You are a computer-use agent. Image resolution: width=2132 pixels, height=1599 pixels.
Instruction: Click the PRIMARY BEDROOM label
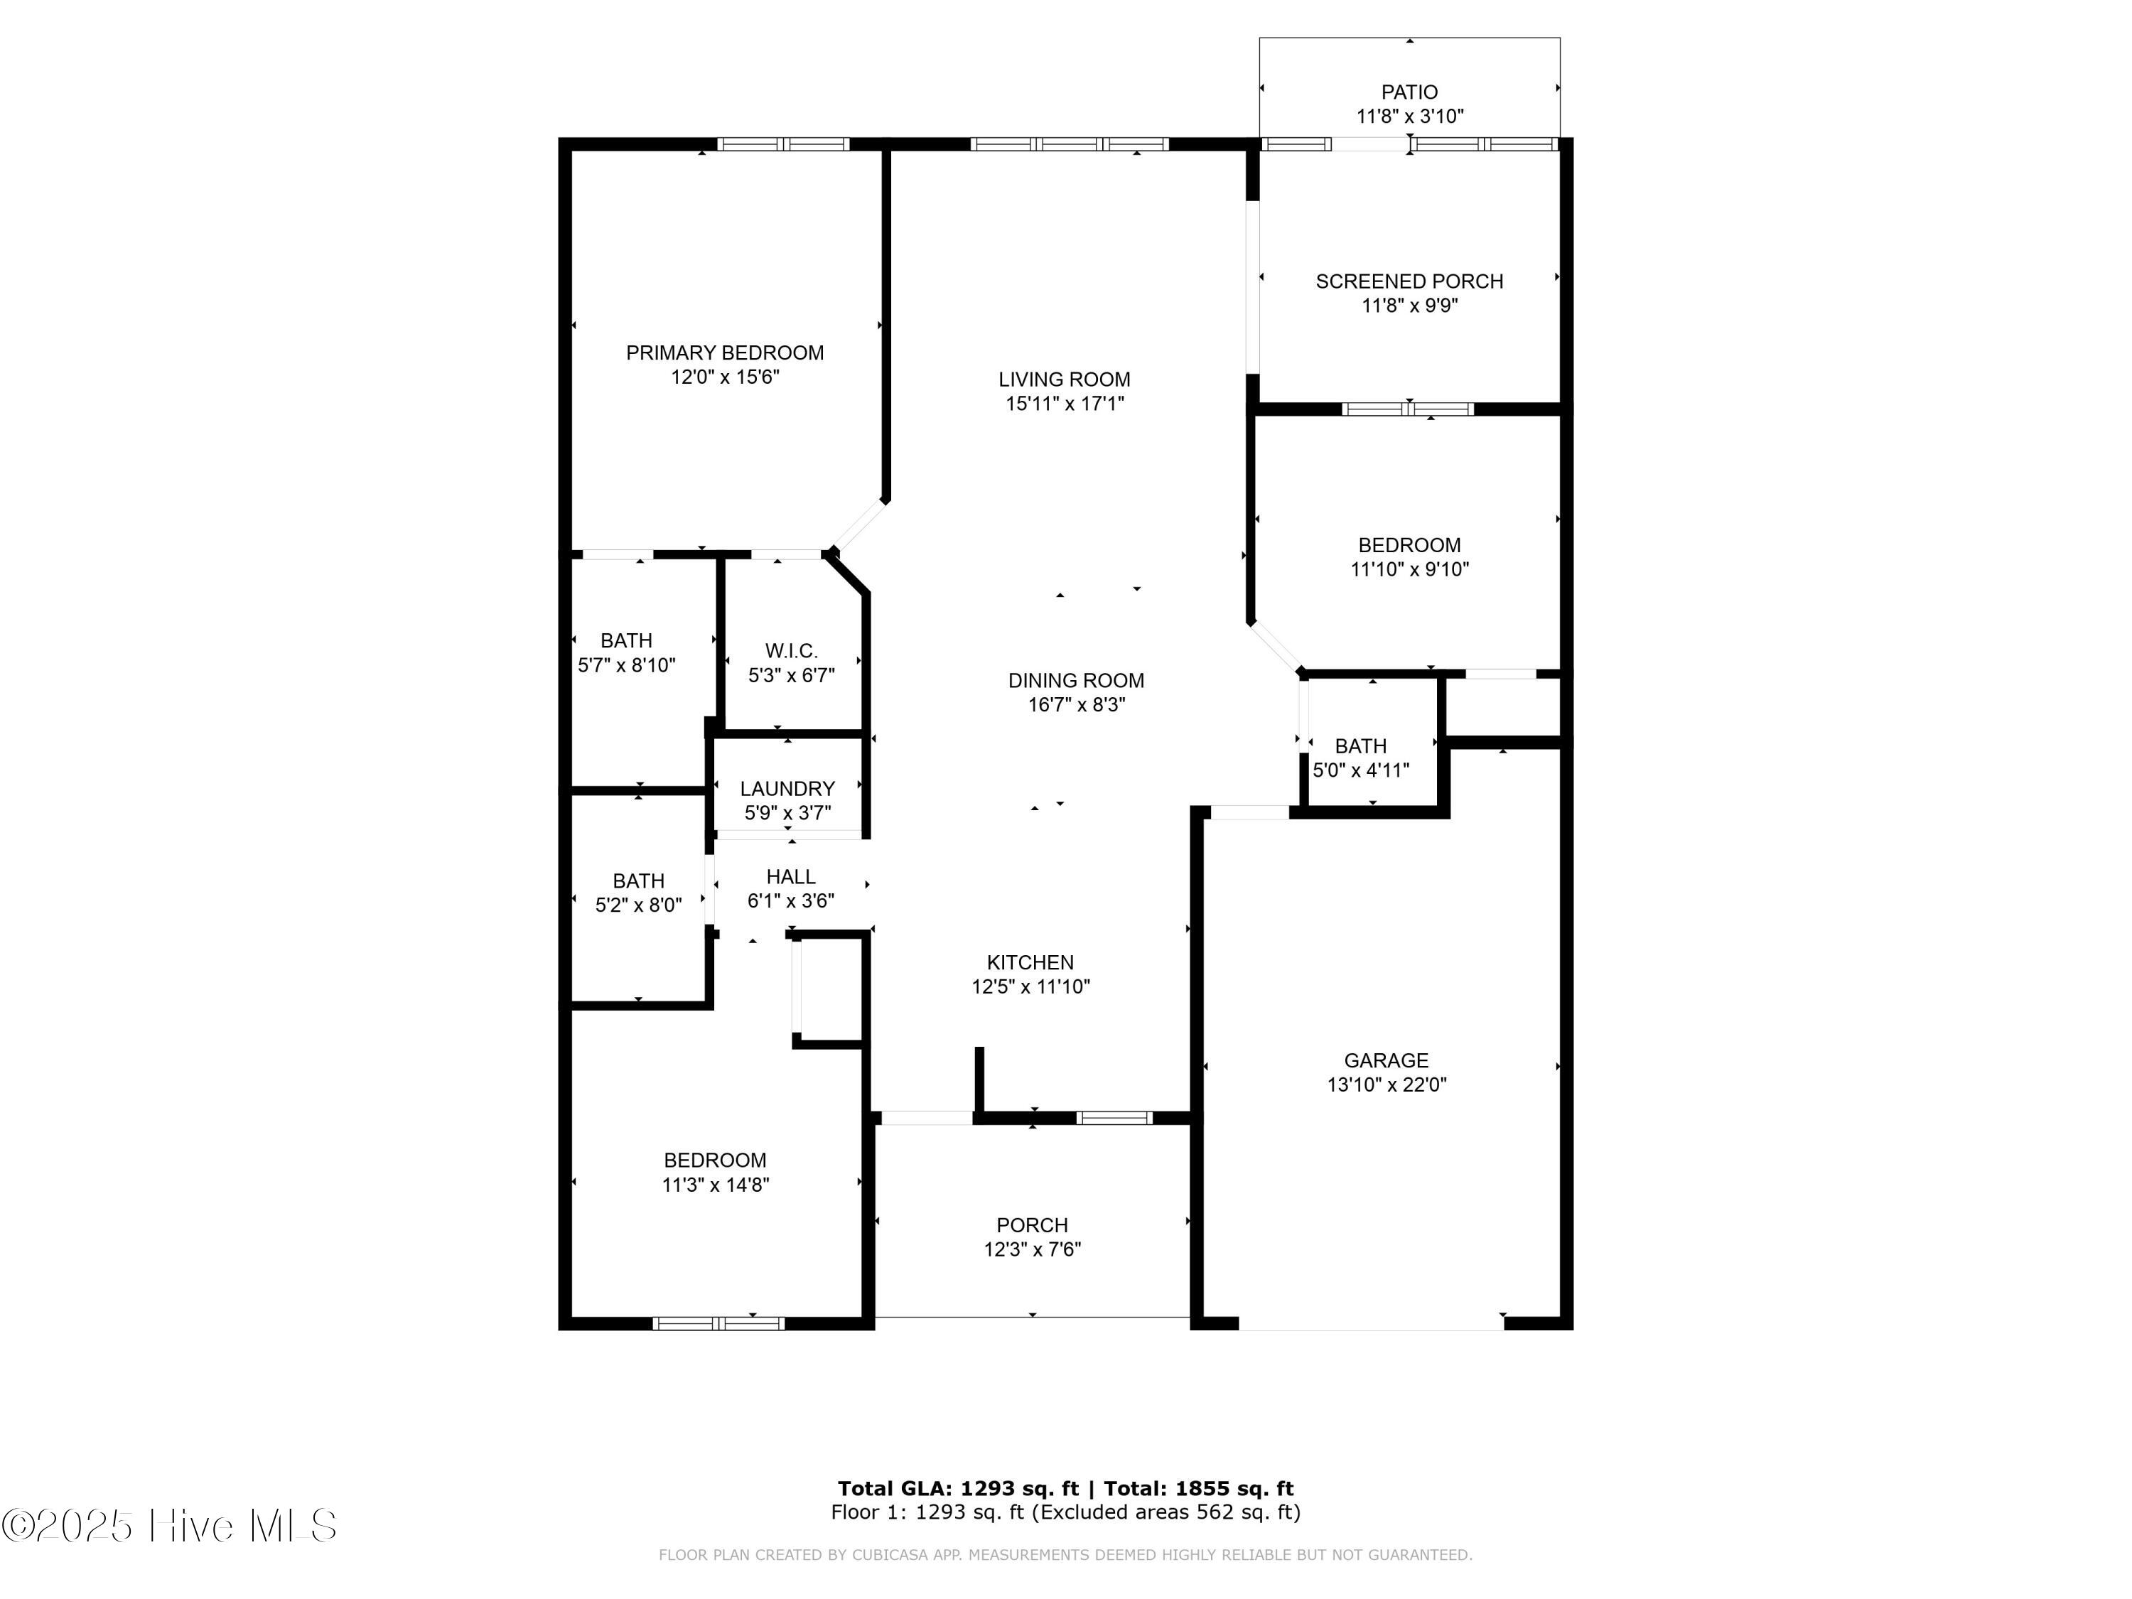pyautogui.click(x=725, y=352)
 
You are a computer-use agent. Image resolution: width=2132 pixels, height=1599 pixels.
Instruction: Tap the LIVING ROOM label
pyautogui.click(x=1064, y=379)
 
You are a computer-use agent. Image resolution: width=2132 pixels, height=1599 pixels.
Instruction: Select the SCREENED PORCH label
pyautogui.click(x=1409, y=281)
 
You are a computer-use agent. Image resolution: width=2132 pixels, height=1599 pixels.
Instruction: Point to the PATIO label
pyautogui.click(x=1409, y=92)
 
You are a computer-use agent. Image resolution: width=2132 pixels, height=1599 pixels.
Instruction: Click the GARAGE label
pyautogui.click(x=1386, y=1060)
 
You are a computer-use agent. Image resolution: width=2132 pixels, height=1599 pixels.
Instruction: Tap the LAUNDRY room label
pyautogui.click(x=787, y=788)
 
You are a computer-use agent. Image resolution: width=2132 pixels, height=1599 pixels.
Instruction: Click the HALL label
pyautogui.click(x=790, y=877)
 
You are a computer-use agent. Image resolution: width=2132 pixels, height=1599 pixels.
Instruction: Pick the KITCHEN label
pyautogui.click(x=1030, y=962)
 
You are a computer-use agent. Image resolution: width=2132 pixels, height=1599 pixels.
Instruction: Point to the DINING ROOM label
pyautogui.click(x=1076, y=681)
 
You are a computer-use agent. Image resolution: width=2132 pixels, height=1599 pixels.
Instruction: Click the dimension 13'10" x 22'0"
pyautogui.click(x=1386, y=1085)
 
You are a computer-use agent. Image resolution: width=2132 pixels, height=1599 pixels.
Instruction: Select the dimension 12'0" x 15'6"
pyautogui.click(x=725, y=377)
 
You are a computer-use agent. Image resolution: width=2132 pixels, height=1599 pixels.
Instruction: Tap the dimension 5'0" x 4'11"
pyautogui.click(x=1361, y=771)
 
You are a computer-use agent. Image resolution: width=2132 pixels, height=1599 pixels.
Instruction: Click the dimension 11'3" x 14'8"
pyautogui.click(x=715, y=1185)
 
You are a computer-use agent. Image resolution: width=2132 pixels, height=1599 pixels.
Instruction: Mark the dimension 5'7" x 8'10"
pyautogui.click(x=627, y=665)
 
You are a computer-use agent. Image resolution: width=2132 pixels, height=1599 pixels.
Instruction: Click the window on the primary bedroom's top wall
pyautogui.click(x=782, y=144)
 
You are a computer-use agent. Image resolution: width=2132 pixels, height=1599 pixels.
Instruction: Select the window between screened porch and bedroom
pyautogui.click(x=1407, y=409)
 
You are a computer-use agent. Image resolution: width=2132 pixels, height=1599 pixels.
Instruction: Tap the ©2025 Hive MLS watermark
pyautogui.click(x=170, y=1526)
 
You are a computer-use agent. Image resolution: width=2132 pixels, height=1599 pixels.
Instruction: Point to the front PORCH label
pyautogui.click(x=1033, y=1225)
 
